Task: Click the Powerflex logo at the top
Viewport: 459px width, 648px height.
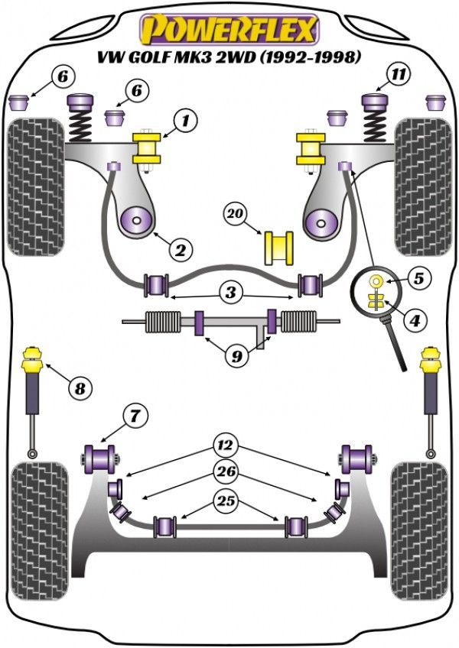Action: pos(228,30)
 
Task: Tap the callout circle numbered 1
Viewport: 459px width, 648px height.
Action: pos(184,120)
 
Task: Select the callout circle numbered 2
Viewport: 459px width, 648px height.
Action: pos(181,249)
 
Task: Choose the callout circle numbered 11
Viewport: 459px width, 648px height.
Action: pos(398,75)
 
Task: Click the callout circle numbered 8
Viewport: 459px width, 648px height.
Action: pos(79,388)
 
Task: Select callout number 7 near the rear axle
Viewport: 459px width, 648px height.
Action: pos(135,416)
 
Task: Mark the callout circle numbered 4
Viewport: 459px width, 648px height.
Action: pos(414,322)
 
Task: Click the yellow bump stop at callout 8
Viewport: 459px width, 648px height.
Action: pos(34,360)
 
